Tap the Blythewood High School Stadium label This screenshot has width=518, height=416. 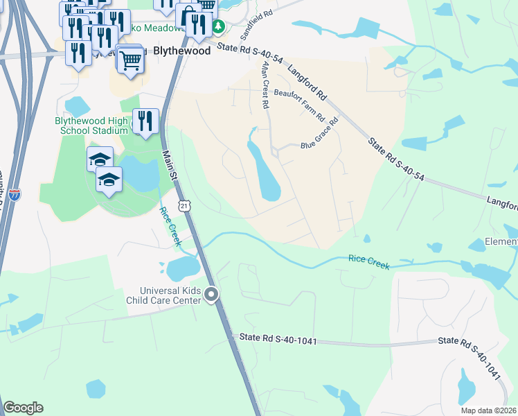click(91, 125)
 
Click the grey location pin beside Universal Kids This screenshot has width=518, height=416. click(213, 295)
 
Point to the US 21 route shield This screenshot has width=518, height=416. click(184, 205)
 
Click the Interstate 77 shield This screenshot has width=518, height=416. click(16, 196)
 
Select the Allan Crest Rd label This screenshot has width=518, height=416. click(264, 84)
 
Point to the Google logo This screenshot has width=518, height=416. click(23, 408)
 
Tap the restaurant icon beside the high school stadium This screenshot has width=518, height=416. click(145, 121)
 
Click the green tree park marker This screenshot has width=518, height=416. click(220, 27)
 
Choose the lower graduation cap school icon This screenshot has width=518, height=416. click(109, 180)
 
